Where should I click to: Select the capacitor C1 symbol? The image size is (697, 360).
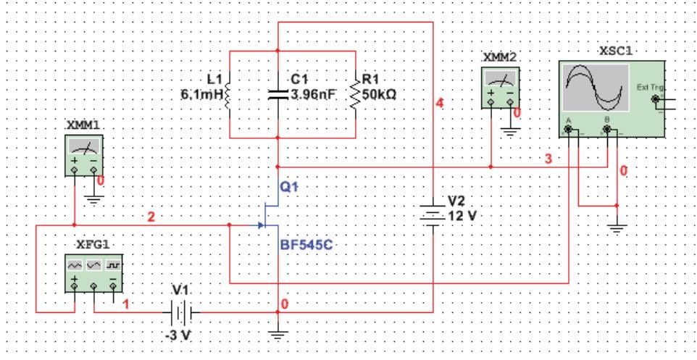pyautogui.click(x=277, y=93)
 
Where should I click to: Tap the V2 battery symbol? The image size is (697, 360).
pyautogui.click(x=433, y=214)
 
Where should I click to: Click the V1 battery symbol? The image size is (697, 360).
pyautogui.click(x=178, y=312)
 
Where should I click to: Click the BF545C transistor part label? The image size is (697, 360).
pyautogui.click(x=304, y=246)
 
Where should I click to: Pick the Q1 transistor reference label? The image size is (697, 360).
pyautogui.click(x=288, y=187)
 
